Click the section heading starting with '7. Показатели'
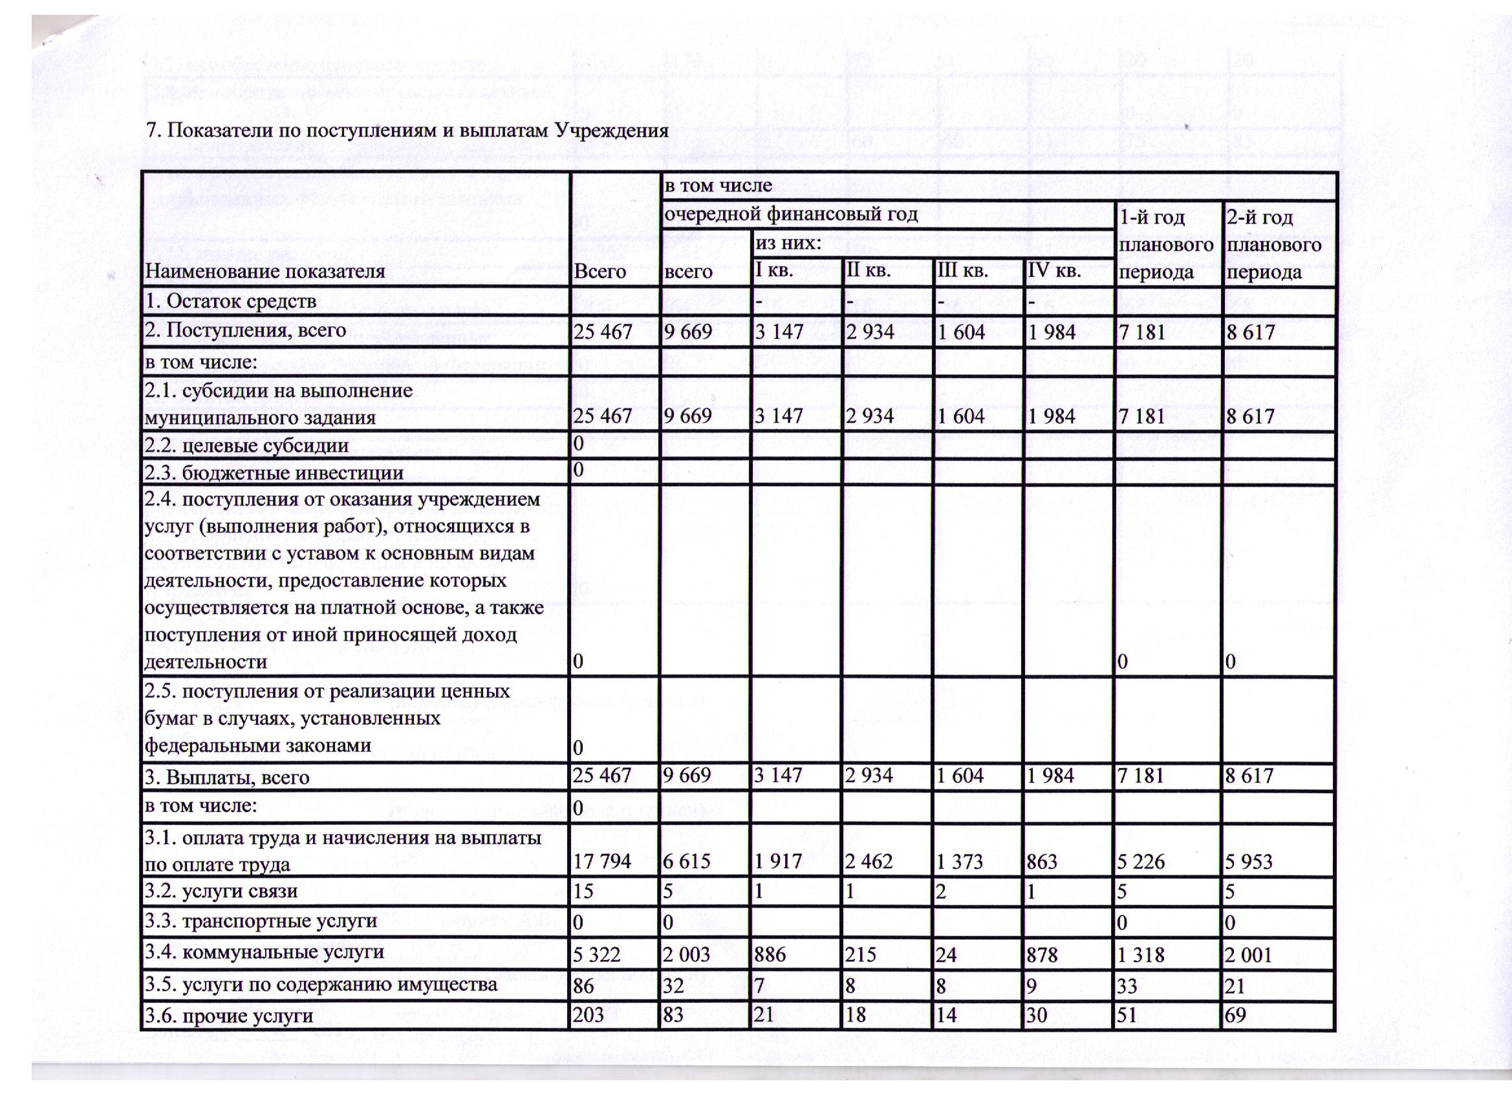tap(407, 129)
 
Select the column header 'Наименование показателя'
tap(265, 272)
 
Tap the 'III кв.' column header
tap(962, 272)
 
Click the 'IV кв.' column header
tap(1053, 272)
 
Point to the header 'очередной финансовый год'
tap(790, 215)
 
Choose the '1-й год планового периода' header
tap(1167, 244)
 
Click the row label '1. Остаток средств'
tap(231, 301)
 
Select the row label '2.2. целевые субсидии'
tap(246, 445)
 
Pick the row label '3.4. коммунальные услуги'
tap(265, 951)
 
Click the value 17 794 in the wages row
tap(602, 862)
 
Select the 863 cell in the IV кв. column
tap(1042, 862)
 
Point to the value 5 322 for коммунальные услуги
tap(597, 955)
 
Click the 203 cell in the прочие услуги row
tap(589, 1015)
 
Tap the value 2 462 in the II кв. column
tap(870, 862)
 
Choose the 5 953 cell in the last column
tap(1249, 862)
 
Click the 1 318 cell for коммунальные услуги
tap(1142, 955)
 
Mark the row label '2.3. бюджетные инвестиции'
tap(274, 473)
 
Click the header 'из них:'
tap(786, 242)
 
